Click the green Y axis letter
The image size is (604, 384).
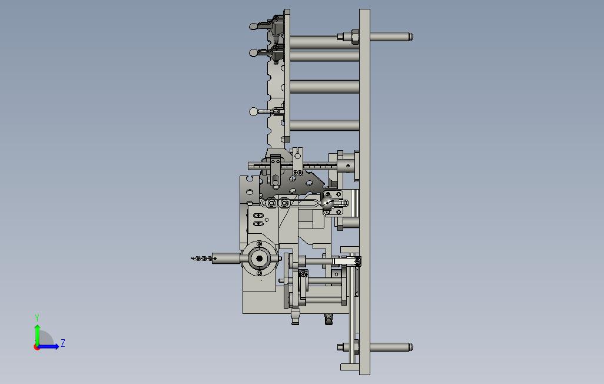pyautogui.click(x=37, y=317)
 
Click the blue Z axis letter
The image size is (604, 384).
pyautogui.click(x=63, y=343)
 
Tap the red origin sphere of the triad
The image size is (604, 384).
pyautogui.click(x=36, y=347)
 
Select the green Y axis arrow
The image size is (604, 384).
pyautogui.click(x=37, y=335)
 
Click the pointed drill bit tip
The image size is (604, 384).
pyautogui.click(x=192, y=259)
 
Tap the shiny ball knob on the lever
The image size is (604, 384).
pyautogui.click(x=327, y=203)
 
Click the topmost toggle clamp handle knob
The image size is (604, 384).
pyautogui.click(x=253, y=27)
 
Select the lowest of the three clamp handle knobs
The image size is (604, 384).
pyautogui.click(x=253, y=112)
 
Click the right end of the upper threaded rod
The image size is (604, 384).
pyautogui.click(x=411, y=37)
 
